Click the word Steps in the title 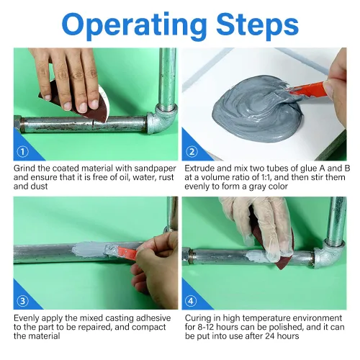click(257, 23)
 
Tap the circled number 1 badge click(23, 152)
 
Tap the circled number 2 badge click(192, 152)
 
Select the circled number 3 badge click(23, 301)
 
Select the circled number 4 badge click(192, 301)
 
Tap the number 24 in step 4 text click(270, 336)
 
